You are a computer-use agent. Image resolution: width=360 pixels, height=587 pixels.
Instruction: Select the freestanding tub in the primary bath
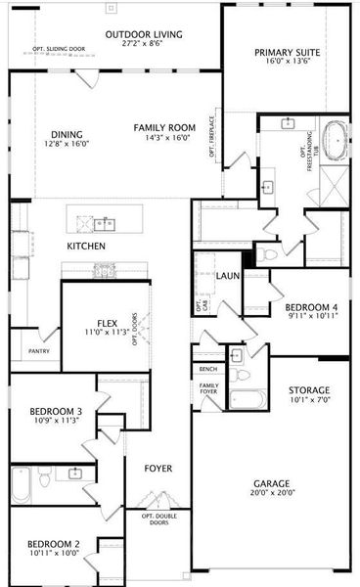tap(337, 140)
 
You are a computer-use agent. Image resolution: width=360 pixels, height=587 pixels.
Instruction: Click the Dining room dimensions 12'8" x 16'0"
tap(67, 143)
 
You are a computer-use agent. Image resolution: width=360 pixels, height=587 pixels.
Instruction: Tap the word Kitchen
tap(86, 246)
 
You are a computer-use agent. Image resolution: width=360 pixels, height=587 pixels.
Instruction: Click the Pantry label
tap(39, 350)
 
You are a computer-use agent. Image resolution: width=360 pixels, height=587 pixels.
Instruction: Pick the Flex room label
tap(107, 322)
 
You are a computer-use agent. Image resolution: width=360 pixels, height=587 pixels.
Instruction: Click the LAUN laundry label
tap(228, 277)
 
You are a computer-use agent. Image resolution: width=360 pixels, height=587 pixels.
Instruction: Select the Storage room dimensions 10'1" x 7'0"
tap(308, 399)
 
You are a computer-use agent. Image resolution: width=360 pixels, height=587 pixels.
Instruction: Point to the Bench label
tap(207, 369)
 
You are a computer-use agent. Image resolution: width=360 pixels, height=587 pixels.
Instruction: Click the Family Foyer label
tap(209, 389)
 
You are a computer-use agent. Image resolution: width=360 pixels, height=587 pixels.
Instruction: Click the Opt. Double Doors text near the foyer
tap(159, 520)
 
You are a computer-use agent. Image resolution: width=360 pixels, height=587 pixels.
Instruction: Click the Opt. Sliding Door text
tap(59, 48)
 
